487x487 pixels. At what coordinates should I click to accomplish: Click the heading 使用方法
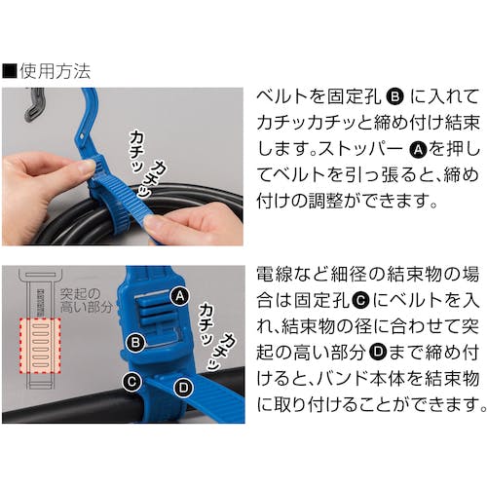(55, 71)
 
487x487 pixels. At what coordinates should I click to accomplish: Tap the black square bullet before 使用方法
(9, 71)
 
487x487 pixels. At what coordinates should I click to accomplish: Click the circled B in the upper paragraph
(394, 96)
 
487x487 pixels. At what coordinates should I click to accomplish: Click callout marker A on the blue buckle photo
(180, 296)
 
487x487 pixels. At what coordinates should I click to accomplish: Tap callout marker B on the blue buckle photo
(135, 343)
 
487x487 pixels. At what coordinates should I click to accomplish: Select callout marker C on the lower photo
(131, 382)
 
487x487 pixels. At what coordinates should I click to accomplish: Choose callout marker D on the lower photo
(183, 387)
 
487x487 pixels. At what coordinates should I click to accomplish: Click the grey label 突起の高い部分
(87, 300)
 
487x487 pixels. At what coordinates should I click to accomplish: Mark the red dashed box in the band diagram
(40, 346)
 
